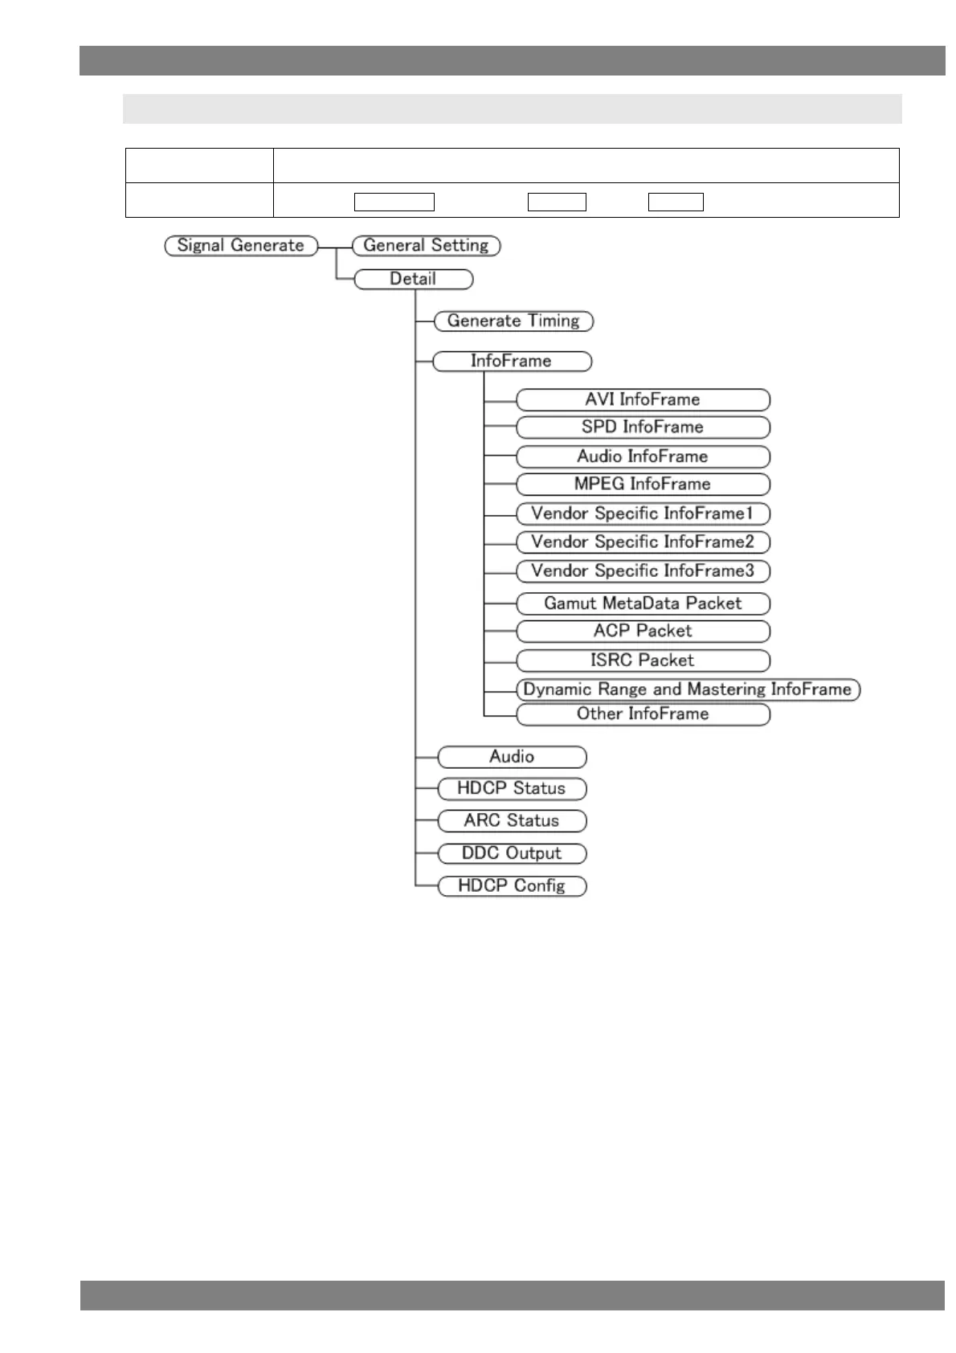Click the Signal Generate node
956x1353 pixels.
[x=241, y=246]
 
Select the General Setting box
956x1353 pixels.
[x=426, y=246]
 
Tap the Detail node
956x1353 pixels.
[x=413, y=280]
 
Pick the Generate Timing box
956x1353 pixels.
[x=513, y=321]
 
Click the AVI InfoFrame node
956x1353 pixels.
[x=643, y=400]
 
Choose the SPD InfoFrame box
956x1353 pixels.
[x=643, y=427]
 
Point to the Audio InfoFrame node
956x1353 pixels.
[x=643, y=457]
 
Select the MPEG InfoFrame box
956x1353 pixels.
[x=643, y=484]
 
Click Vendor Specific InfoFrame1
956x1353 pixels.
[x=643, y=514]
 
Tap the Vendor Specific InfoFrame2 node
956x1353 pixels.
[x=643, y=542]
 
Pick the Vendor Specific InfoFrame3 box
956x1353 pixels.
[x=643, y=571]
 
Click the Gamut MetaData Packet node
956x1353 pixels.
[x=643, y=604]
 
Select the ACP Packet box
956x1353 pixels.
[x=643, y=632]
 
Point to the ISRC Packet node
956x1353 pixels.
[x=643, y=661]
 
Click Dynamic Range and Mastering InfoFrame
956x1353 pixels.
[x=688, y=690]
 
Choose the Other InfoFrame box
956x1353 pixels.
[x=643, y=714]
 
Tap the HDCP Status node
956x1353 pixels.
[x=512, y=789]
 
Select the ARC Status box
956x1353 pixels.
[x=512, y=821]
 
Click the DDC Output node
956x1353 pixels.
[x=512, y=854]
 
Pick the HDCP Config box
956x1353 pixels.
[x=512, y=886]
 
